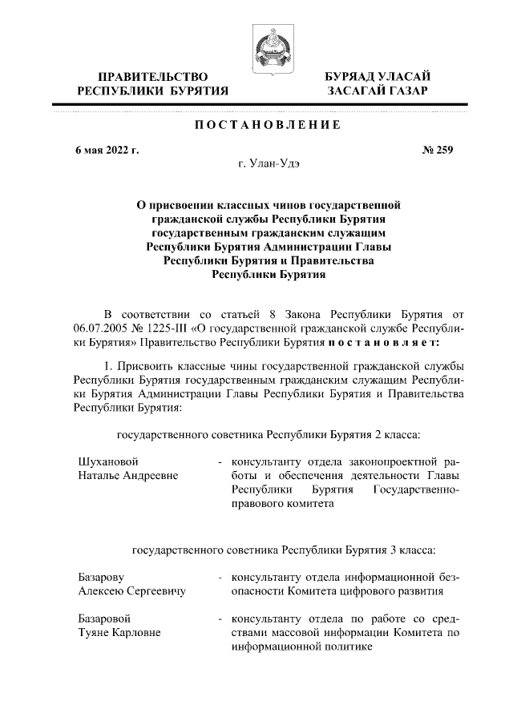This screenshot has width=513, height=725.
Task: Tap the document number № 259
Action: coord(438,151)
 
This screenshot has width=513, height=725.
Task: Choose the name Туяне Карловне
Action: coord(119,633)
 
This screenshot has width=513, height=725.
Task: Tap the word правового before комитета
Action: coord(258,505)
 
